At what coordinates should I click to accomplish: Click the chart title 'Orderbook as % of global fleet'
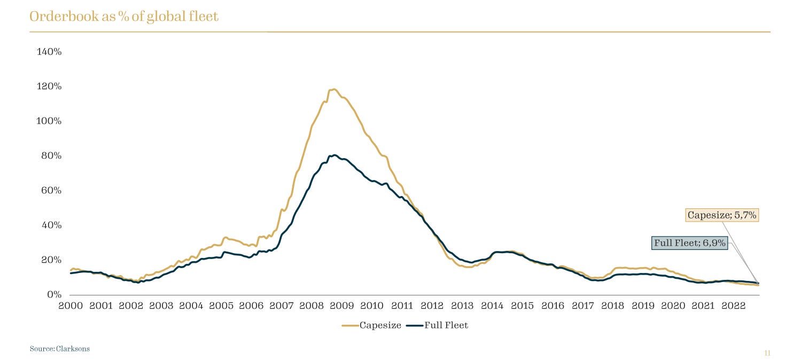click(x=124, y=17)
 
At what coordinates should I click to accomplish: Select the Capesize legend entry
click(x=372, y=325)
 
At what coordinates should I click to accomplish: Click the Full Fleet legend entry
click(x=438, y=325)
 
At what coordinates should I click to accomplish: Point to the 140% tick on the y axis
click(x=49, y=52)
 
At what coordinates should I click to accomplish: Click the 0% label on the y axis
click(x=54, y=295)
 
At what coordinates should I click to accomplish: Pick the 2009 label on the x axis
click(x=341, y=306)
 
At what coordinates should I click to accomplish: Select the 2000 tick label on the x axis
click(x=71, y=306)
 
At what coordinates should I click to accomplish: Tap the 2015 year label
click(x=522, y=306)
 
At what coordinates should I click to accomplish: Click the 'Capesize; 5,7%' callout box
click(x=722, y=215)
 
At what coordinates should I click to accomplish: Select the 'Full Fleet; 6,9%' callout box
click(x=690, y=243)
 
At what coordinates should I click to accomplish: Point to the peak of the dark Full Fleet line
click(x=334, y=155)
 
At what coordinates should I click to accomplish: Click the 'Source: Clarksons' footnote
click(x=60, y=349)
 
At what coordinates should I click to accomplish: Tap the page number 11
click(x=767, y=353)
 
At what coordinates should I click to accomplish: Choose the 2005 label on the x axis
click(x=221, y=306)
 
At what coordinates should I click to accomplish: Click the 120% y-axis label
click(x=49, y=87)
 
